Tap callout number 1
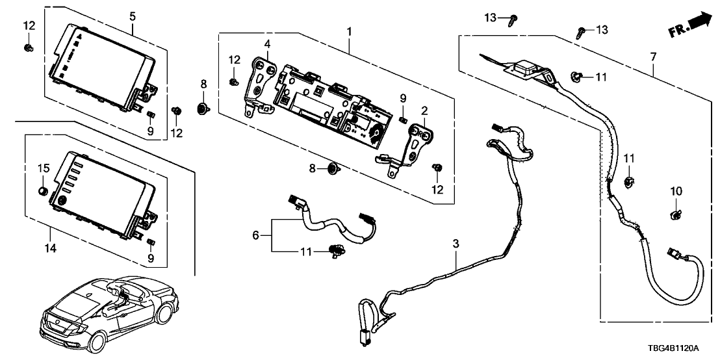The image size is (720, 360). click(x=349, y=31)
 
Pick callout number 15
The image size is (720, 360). click(x=43, y=169)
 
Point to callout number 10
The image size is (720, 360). click(x=676, y=192)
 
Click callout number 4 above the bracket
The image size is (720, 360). click(x=266, y=44)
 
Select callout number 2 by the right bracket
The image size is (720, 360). click(x=424, y=111)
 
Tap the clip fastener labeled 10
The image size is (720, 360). click(x=676, y=212)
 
